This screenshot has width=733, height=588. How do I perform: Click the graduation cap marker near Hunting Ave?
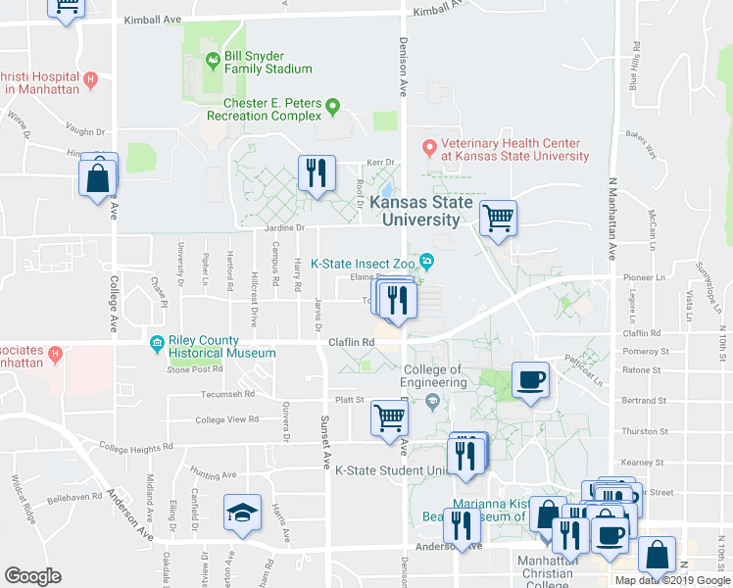click(x=242, y=513)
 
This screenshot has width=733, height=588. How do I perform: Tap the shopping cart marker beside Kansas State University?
click(x=499, y=218)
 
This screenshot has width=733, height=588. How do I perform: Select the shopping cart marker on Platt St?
click(x=390, y=417)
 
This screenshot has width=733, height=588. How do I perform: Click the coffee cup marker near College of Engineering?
click(x=530, y=380)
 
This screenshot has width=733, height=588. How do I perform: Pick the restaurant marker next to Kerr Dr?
click(x=317, y=173)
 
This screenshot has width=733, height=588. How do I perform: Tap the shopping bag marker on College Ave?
click(x=98, y=179)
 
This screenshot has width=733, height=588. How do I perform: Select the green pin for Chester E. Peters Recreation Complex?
click(x=332, y=107)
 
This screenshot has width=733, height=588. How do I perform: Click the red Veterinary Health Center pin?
click(x=428, y=148)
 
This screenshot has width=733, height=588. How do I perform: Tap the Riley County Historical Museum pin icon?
click(x=157, y=342)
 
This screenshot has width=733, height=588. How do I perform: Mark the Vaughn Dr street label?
click(x=85, y=131)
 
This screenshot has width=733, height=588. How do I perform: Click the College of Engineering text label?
click(x=432, y=375)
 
